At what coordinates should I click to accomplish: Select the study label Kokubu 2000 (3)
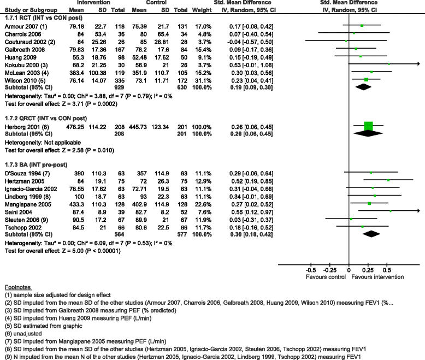click(x=21, y=63)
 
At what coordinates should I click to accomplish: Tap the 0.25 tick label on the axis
click(x=368, y=270)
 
